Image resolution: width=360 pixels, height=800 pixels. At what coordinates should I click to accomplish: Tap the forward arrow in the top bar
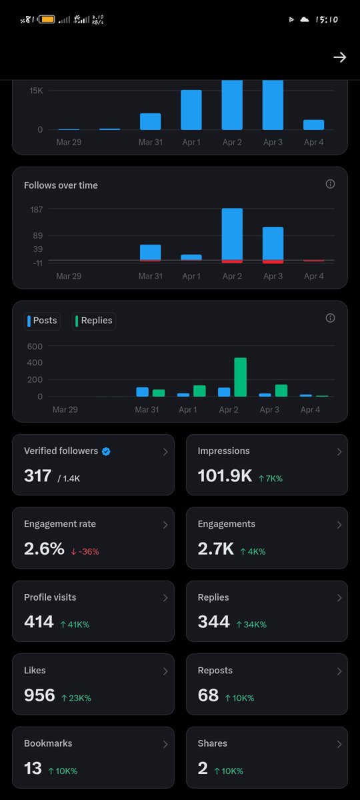(339, 57)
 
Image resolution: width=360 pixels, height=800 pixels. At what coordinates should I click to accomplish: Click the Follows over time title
(61, 185)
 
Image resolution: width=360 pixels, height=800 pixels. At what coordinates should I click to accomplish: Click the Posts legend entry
(42, 321)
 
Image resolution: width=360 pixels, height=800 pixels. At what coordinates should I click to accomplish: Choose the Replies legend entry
(94, 321)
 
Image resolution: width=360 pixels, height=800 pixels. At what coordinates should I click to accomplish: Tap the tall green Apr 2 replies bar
(240, 377)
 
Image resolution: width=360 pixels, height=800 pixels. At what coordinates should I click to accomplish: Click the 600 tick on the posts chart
(35, 347)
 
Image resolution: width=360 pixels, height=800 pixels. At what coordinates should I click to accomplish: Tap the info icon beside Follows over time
(330, 184)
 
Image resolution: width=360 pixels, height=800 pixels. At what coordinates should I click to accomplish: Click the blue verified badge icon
(106, 451)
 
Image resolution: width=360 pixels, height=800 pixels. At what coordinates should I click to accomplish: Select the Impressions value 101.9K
(225, 475)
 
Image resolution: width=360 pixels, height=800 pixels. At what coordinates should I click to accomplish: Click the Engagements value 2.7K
(215, 549)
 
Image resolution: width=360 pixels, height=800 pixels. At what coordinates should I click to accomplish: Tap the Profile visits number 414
(39, 622)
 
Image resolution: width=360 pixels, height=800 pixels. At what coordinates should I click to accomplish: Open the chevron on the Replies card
(339, 598)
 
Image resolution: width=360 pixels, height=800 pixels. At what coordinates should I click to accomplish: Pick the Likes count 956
(39, 695)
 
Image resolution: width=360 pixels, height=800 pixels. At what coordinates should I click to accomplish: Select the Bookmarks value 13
(33, 768)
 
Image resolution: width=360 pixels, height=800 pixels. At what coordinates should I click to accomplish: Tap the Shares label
(212, 743)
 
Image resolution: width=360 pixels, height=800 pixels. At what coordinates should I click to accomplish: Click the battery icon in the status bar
(47, 19)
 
